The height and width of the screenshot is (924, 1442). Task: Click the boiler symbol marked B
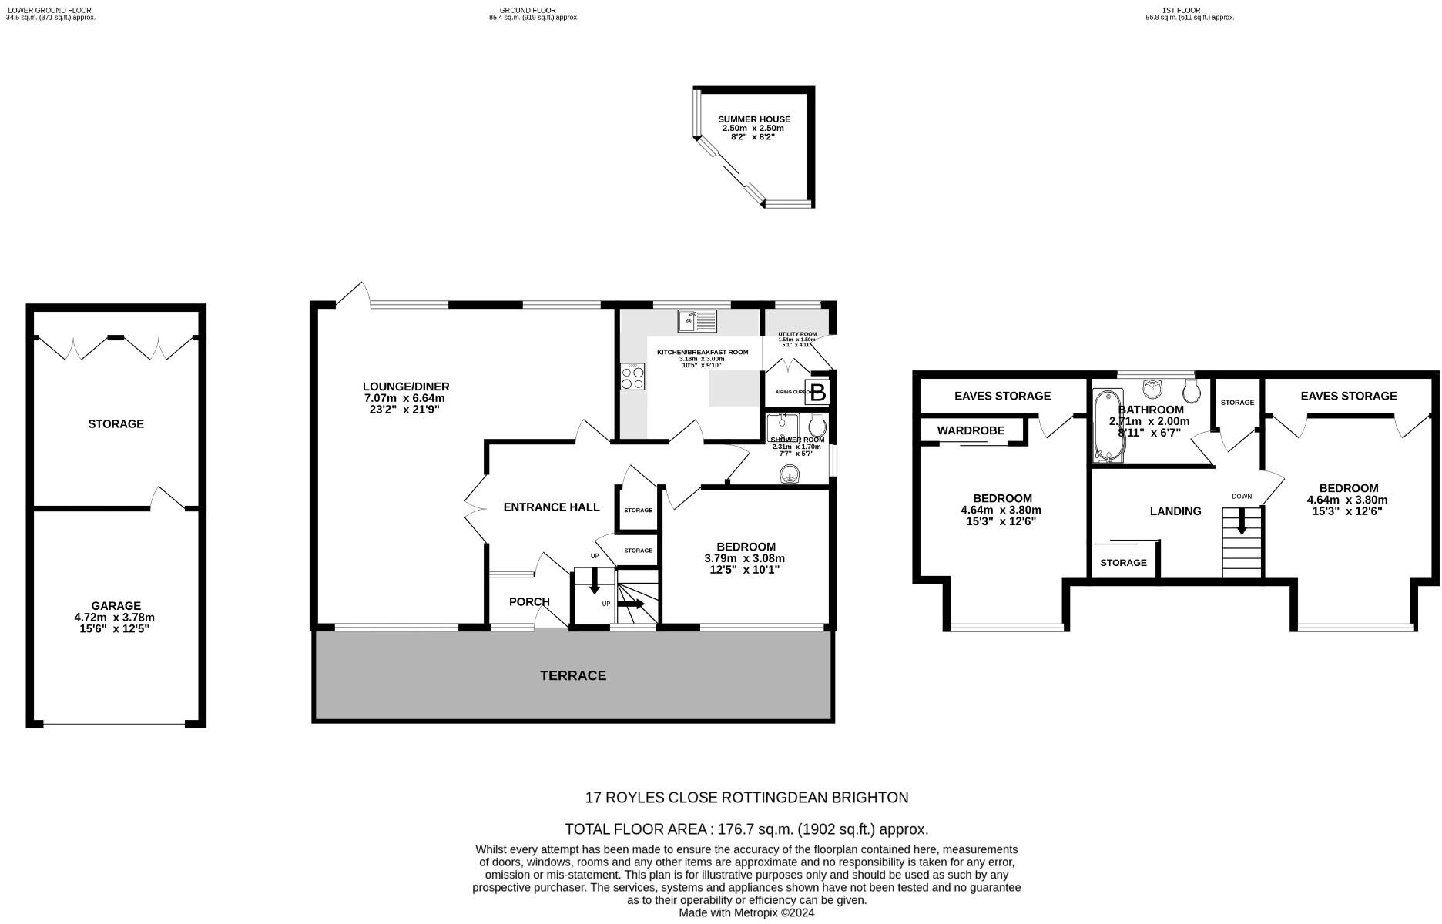pyautogui.click(x=817, y=393)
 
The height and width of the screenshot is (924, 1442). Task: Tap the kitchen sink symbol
pyautogui.click(x=697, y=320)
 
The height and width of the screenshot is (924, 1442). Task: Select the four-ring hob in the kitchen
pyautogui.click(x=633, y=377)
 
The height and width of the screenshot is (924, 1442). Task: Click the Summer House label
pyautogui.click(x=754, y=119)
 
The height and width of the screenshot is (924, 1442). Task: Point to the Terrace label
pyautogui.click(x=572, y=675)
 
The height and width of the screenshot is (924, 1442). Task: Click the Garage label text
pyautogui.click(x=116, y=606)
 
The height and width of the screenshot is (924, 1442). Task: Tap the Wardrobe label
pyautogui.click(x=971, y=430)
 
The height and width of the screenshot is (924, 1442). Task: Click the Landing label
pyautogui.click(x=1175, y=511)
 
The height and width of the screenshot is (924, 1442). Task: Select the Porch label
pyautogui.click(x=529, y=601)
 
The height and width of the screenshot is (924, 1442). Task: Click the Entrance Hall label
pyautogui.click(x=551, y=507)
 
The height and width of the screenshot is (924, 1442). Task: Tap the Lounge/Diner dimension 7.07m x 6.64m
pyautogui.click(x=404, y=398)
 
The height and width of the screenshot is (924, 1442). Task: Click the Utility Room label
pyautogui.click(x=797, y=334)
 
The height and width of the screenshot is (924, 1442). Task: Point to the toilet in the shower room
pyautogui.click(x=817, y=425)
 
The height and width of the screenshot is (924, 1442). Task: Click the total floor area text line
pyautogui.click(x=746, y=829)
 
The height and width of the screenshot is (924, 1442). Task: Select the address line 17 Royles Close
pyautogui.click(x=746, y=798)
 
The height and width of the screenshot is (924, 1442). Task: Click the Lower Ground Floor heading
pyautogui.click(x=49, y=11)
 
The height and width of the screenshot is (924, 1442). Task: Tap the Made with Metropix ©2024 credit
pyautogui.click(x=746, y=912)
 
